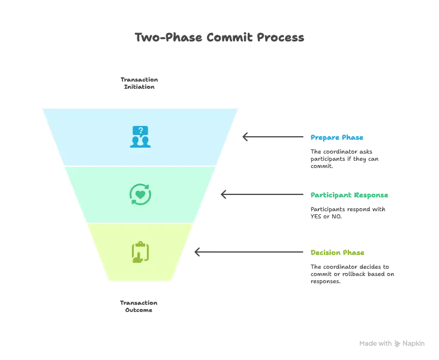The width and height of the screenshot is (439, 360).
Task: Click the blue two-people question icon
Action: coord(140,137)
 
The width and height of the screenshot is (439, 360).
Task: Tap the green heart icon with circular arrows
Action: coord(140,194)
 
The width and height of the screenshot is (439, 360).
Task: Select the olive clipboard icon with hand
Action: coord(140,251)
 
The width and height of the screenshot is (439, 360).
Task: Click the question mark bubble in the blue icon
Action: coord(140,130)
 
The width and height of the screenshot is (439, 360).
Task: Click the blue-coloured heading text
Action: coord(336,138)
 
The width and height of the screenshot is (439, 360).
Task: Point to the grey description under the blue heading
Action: coord(342,160)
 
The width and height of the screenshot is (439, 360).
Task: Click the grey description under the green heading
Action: coord(347,213)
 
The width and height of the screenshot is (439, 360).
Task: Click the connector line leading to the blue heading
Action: coord(276,137)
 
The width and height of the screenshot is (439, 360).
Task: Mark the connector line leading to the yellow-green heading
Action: coord(252,252)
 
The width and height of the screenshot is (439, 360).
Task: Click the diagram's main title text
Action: coord(220,37)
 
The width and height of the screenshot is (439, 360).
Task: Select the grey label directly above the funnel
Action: coord(139,83)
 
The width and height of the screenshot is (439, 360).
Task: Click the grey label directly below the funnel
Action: coord(139,305)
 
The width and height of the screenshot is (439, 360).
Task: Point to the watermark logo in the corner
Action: coord(393,344)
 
